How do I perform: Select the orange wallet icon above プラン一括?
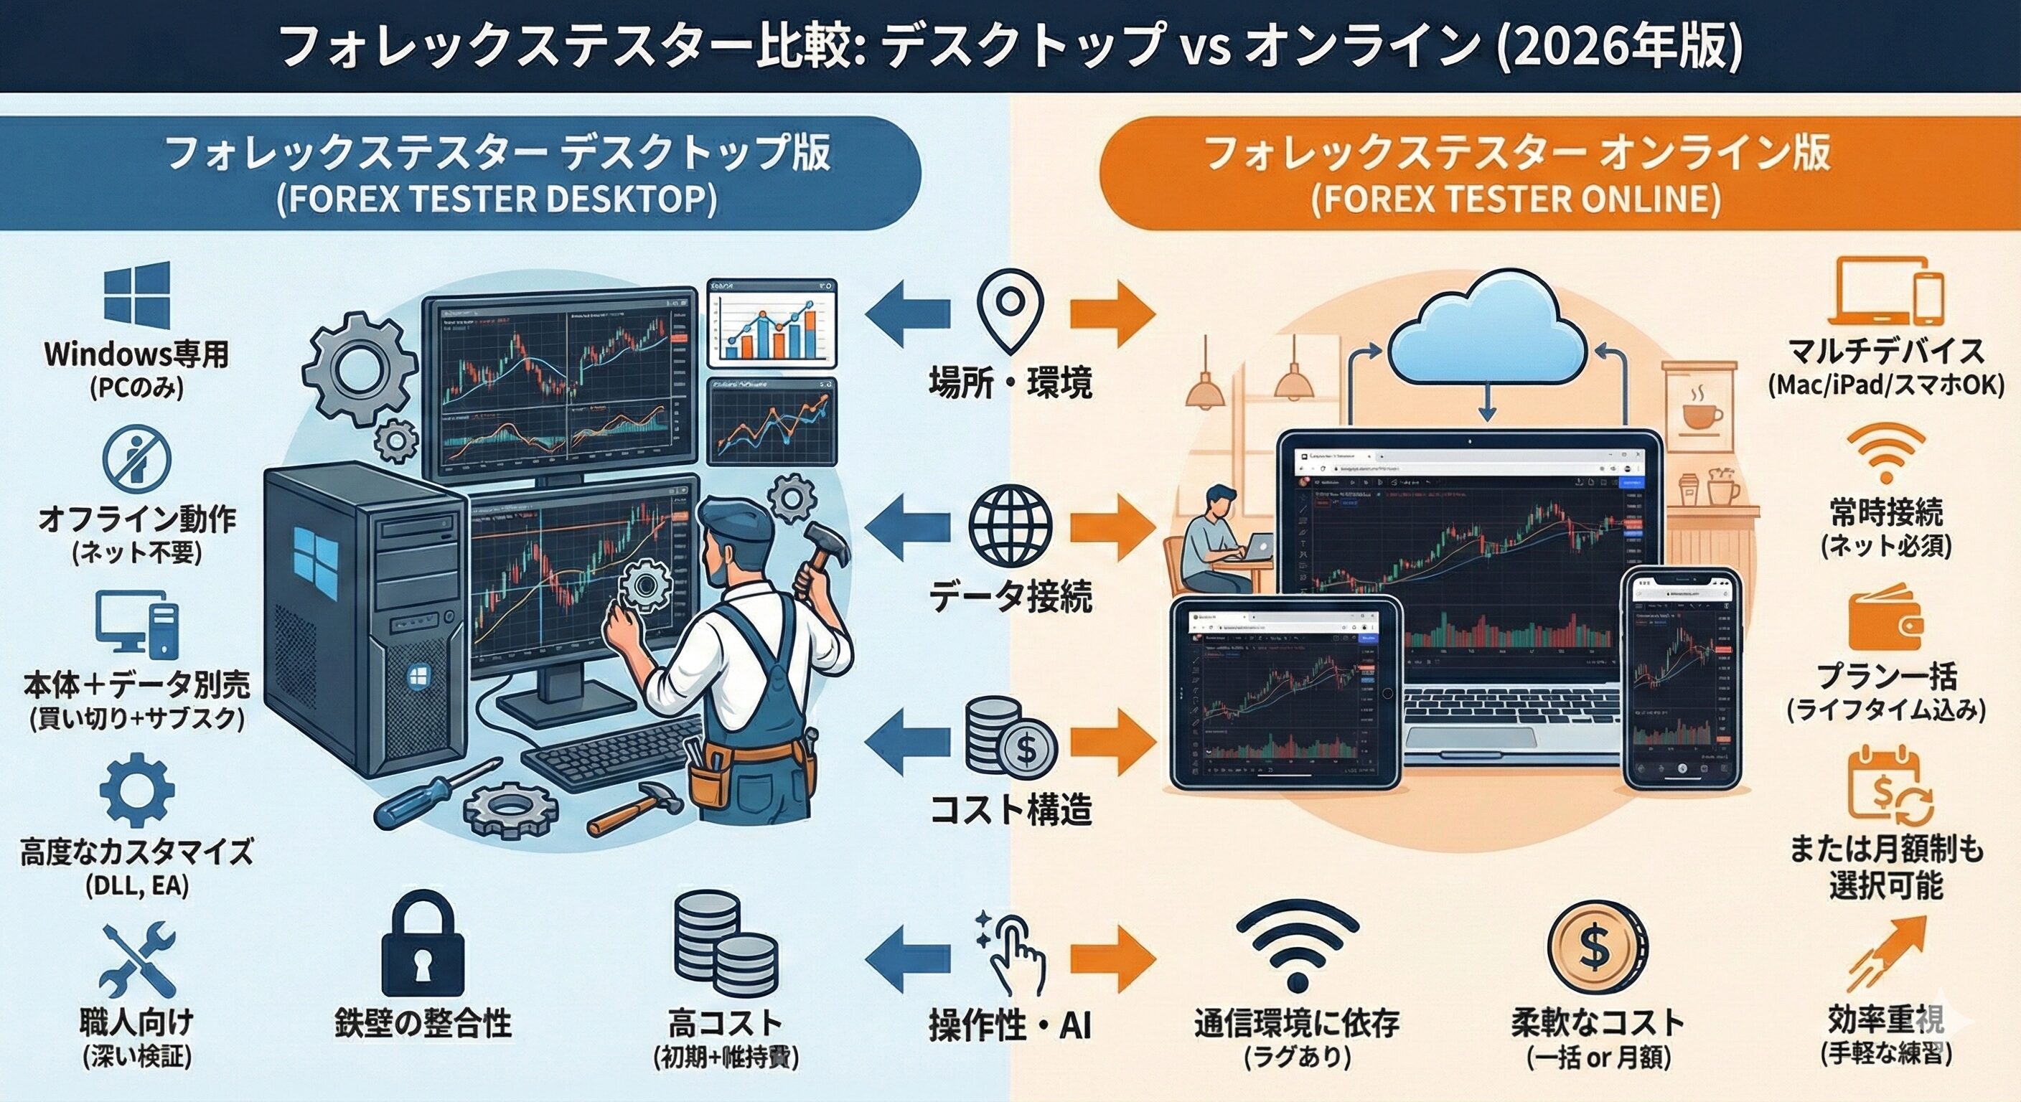pos(1885,620)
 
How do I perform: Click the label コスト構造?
pos(1010,809)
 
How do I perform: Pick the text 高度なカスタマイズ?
pos(137,851)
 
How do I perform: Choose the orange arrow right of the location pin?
pos(1112,314)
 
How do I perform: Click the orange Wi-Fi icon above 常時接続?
pos(1886,453)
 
